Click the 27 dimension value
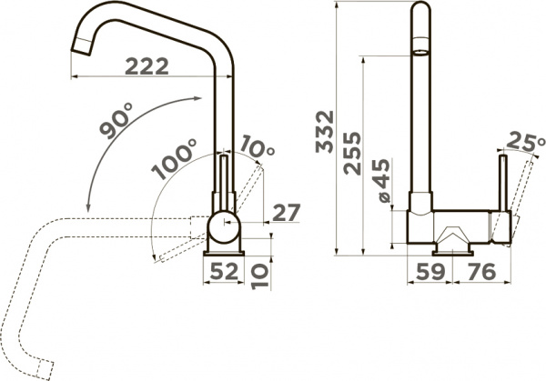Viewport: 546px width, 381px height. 286,213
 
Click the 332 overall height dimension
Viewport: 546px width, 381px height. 325,132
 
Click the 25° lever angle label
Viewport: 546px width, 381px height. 522,143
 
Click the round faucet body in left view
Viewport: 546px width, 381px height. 223,225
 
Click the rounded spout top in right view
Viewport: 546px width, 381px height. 420,14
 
